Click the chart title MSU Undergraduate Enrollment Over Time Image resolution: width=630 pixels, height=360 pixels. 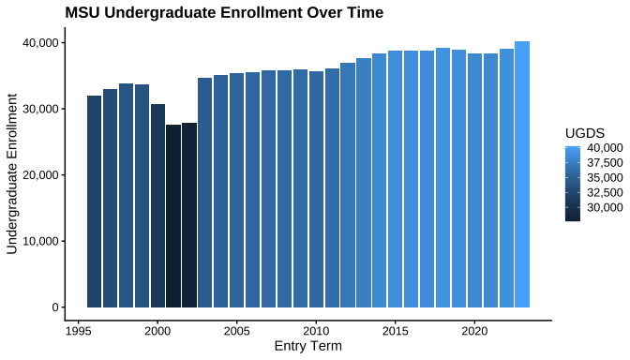(224, 12)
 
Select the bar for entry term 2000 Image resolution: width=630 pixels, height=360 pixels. (157, 205)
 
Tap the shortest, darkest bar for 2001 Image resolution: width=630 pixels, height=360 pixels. (173, 217)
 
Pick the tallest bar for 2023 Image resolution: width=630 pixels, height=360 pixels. (522, 174)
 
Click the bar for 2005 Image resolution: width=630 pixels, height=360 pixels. (237, 190)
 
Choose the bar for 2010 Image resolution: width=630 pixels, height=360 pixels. (316, 189)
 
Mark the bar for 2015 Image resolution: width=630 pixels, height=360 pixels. (396, 179)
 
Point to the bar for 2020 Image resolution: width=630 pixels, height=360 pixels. (475, 180)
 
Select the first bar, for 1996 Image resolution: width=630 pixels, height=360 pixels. (95, 202)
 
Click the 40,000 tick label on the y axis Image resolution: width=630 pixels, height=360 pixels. (40, 42)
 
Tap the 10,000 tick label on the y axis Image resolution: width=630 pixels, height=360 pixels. (40, 241)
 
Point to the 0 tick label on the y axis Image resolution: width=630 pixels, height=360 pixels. (55, 307)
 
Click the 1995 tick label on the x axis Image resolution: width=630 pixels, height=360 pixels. (79, 331)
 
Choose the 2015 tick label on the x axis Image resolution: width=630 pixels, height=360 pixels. (396, 331)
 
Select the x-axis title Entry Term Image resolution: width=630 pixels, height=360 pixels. (308, 346)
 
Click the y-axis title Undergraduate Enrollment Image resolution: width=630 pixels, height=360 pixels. (12, 174)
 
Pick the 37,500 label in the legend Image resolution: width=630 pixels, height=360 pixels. (605, 163)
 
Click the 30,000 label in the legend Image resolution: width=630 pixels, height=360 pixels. (605, 207)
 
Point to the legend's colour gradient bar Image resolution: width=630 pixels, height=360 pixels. (573, 184)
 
